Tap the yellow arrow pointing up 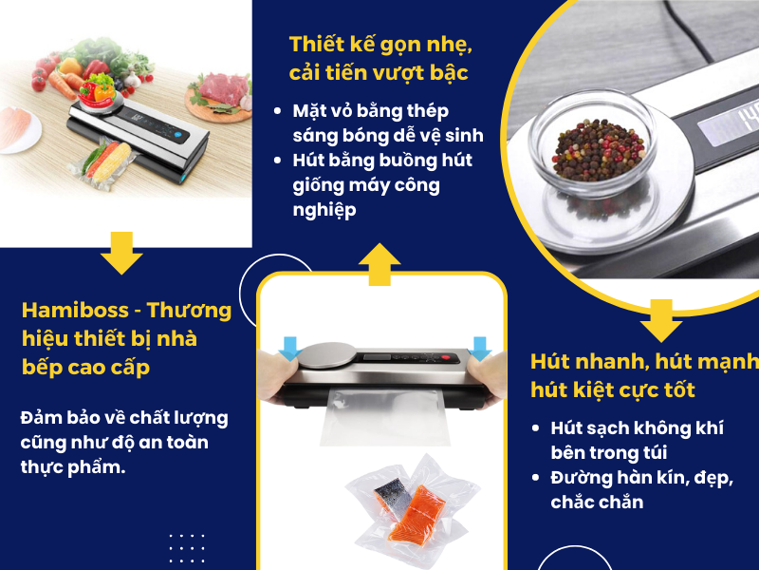click(379, 263)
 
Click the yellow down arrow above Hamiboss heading click(120, 253)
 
